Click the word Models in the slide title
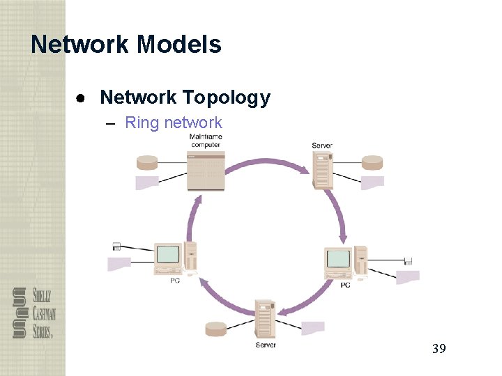(179, 45)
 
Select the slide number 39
(439, 348)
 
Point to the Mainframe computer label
(205, 141)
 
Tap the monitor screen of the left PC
(167, 256)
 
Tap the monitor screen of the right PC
(339, 259)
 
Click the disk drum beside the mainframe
(148, 163)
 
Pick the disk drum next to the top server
(372, 163)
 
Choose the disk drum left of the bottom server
(216, 329)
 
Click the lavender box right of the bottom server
(313, 327)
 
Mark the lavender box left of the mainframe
(147, 183)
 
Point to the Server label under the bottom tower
(266, 345)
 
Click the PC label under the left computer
(174, 281)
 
